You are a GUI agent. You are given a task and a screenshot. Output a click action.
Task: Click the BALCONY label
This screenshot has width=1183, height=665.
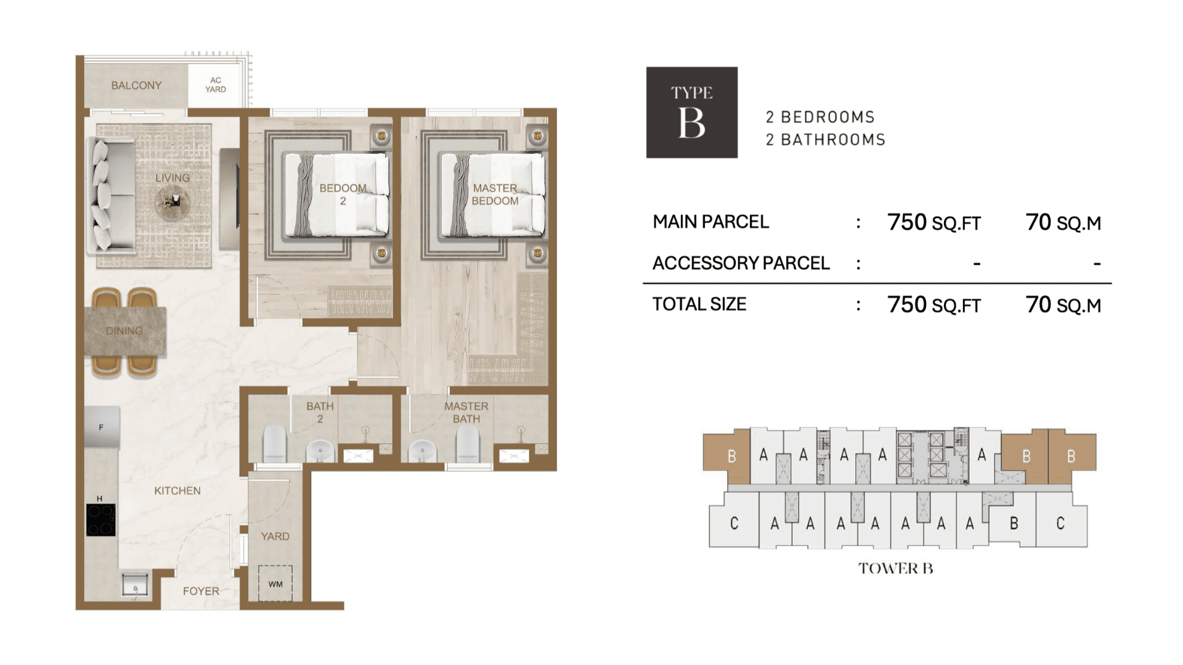pyautogui.click(x=136, y=85)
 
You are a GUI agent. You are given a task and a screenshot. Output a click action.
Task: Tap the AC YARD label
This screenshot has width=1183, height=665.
pyautogui.click(x=216, y=85)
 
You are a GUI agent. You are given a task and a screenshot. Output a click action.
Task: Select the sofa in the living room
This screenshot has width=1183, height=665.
pyautogui.click(x=111, y=196)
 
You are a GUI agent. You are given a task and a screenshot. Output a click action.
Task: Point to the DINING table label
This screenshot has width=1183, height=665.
pyautogui.click(x=124, y=331)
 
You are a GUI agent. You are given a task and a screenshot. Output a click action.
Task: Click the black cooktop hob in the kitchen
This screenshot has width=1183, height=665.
pyautogui.click(x=100, y=520)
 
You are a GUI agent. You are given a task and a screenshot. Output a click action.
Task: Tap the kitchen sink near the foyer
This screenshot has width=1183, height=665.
pyautogui.click(x=135, y=585)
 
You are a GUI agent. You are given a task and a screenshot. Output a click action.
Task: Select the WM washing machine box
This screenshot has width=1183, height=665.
pyautogui.click(x=275, y=584)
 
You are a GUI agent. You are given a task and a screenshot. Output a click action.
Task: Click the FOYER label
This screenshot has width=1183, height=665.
pyautogui.click(x=201, y=591)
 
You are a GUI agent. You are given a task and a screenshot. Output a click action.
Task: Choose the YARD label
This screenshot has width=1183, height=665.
pyautogui.click(x=275, y=536)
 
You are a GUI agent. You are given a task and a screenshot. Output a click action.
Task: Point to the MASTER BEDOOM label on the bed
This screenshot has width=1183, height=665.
pyautogui.click(x=495, y=195)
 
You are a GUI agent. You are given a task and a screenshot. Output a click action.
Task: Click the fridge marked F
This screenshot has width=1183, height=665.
pyautogui.click(x=102, y=427)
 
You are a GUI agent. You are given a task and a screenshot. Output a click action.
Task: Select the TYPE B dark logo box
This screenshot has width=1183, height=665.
pyautogui.click(x=692, y=113)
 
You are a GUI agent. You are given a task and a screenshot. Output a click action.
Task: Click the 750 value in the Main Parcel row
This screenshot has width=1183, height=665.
pyautogui.click(x=907, y=222)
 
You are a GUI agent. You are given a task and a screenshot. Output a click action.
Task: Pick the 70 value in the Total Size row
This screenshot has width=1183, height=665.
pyautogui.click(x=1038, y=304)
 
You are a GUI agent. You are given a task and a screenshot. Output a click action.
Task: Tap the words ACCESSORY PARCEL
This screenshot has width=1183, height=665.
pyautogui.click(x=741, y=263)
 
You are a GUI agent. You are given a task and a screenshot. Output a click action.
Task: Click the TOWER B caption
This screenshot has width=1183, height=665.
pyautogui.click(x=896, y=568)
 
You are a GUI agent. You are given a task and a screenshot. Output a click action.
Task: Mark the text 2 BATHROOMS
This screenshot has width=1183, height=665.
pyautogui.click(x=826, y=140)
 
